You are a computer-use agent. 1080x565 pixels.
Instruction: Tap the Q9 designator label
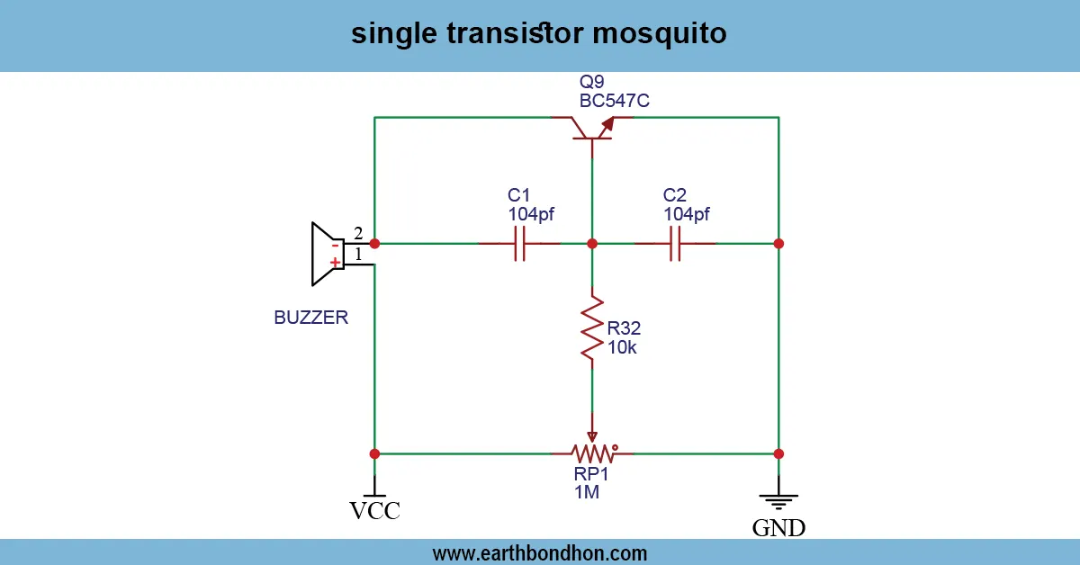(592, 82)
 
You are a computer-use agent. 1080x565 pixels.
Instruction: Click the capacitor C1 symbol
(519, 244)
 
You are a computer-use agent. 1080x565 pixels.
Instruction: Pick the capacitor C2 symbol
(675, 244)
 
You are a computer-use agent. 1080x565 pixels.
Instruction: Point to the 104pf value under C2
(686, 214)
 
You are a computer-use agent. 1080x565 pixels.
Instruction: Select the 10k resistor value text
(622, 347)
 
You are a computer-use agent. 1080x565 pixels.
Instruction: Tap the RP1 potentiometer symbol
(592, 452)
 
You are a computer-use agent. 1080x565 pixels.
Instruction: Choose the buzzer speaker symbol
(324, 254)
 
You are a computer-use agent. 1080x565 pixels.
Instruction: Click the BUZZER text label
(310, 318)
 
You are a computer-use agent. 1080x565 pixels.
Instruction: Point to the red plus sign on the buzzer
(335, 263)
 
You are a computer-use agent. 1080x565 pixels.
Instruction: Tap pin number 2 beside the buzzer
(358, 233)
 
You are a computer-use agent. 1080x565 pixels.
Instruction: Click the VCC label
(374, 511)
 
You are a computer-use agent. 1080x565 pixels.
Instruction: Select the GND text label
(778, 527)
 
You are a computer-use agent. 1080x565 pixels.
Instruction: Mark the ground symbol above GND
(778, 500)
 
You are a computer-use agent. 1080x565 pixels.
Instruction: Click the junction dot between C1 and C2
(592, 244)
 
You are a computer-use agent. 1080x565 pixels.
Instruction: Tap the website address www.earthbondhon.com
(540, 552)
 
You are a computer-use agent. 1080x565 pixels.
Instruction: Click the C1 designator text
(519, 195)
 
